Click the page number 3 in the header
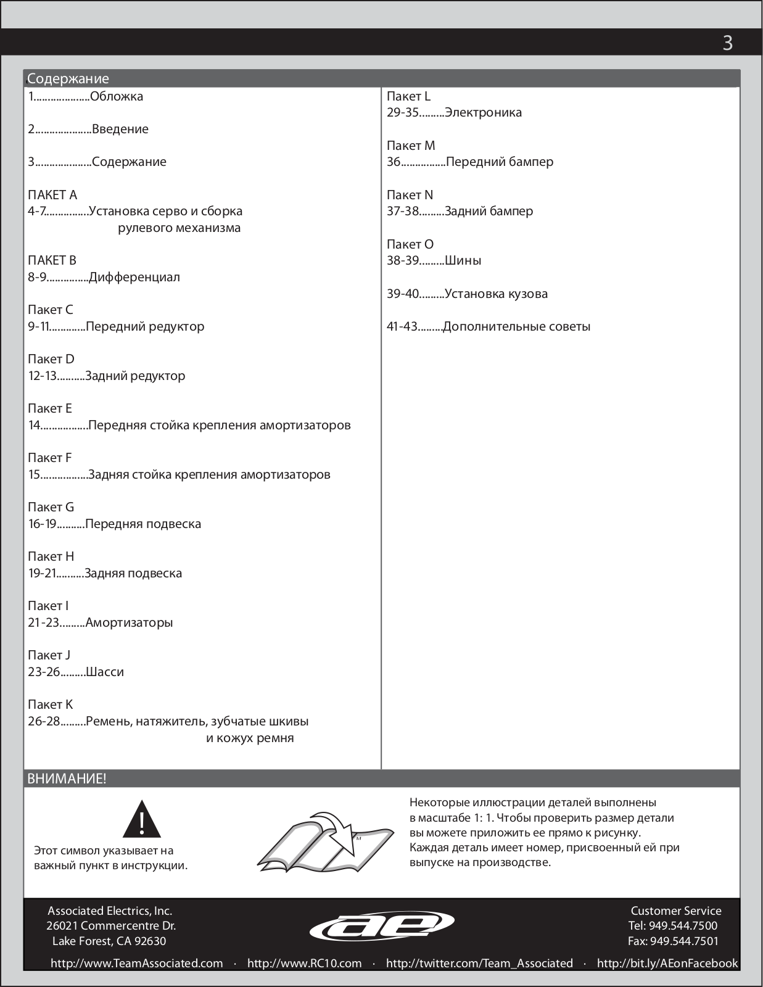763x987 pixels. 727,43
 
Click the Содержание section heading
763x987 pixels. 68,79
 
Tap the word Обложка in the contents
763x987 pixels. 117,96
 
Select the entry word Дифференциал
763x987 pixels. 134,277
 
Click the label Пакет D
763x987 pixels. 51,359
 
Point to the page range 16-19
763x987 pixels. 42,524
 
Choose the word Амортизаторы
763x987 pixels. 129,622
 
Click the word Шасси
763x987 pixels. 105,672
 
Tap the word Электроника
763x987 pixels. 483,112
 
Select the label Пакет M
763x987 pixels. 411,146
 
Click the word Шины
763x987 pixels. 463,260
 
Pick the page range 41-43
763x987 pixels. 402,326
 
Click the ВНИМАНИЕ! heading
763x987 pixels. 67,778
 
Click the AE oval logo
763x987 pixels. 382,926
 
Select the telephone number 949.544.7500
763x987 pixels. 683,925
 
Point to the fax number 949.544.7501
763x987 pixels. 684,941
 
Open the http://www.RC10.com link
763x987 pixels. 304,964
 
